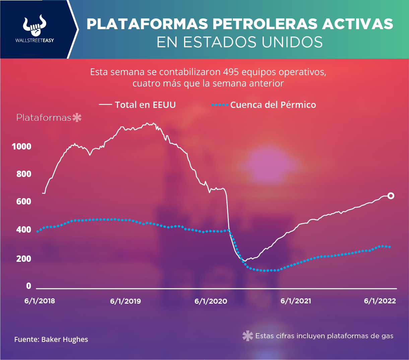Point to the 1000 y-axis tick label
(x=21, y=146)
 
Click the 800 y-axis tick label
(x=23, y=174)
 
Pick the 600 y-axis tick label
(x=23, y=201)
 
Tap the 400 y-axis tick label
(x=23, y=230)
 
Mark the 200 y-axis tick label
(x=23, y=258)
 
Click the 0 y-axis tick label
(x=28, y=286)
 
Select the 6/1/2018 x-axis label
(x=40, y=301)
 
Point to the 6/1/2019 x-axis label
(x=125, y=301)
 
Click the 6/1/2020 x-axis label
(x=211, y=301)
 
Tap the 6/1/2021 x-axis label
(x=295, y=301)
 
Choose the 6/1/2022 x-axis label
(x=380, y=301)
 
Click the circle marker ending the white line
(x=391, y=196)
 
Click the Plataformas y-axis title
(x=44, y=118)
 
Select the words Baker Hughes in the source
(x=65, y=340)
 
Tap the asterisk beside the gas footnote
(x=248, y=336)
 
